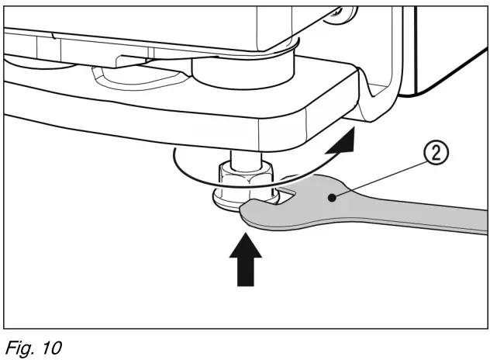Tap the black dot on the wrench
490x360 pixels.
332,199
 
